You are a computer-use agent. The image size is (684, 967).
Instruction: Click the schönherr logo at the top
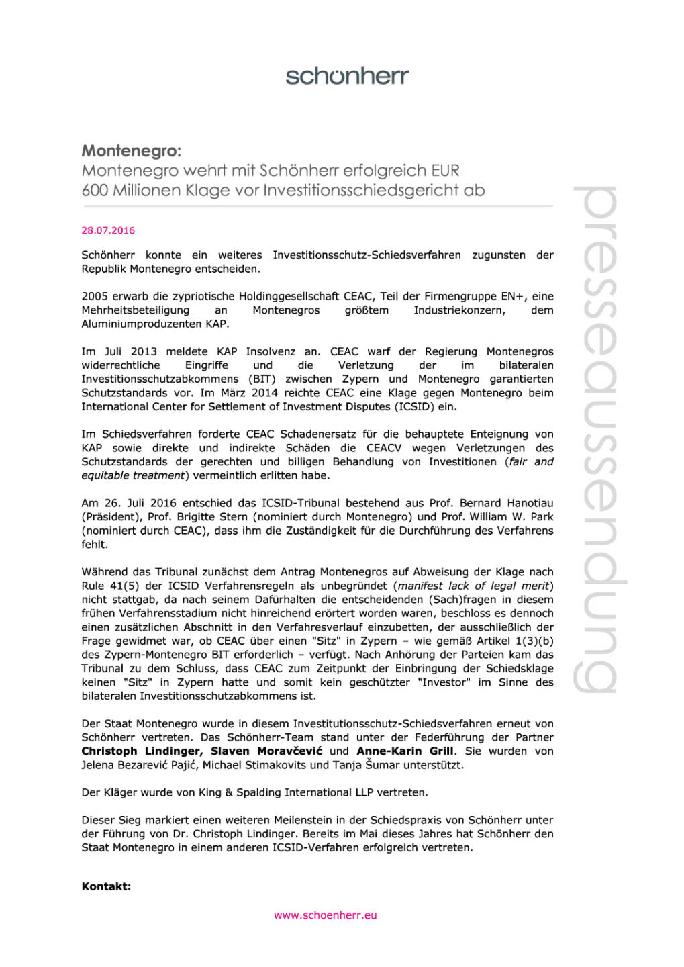[347, 76]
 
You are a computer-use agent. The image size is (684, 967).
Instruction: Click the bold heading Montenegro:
[132, 150]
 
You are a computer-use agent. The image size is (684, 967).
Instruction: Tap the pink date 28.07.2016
[108, 230]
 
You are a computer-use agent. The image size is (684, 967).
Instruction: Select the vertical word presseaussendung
[595, 440]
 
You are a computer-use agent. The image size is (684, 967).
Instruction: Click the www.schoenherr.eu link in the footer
[326, 915]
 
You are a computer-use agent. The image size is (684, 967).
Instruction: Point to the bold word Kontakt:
[106, 886]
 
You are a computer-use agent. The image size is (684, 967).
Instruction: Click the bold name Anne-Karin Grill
[405, 751]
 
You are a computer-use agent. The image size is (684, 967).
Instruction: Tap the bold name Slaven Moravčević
[266, 751]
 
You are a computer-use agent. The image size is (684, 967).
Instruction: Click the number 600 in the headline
[95, 191]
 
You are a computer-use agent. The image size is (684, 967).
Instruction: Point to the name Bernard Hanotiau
[497, 503]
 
